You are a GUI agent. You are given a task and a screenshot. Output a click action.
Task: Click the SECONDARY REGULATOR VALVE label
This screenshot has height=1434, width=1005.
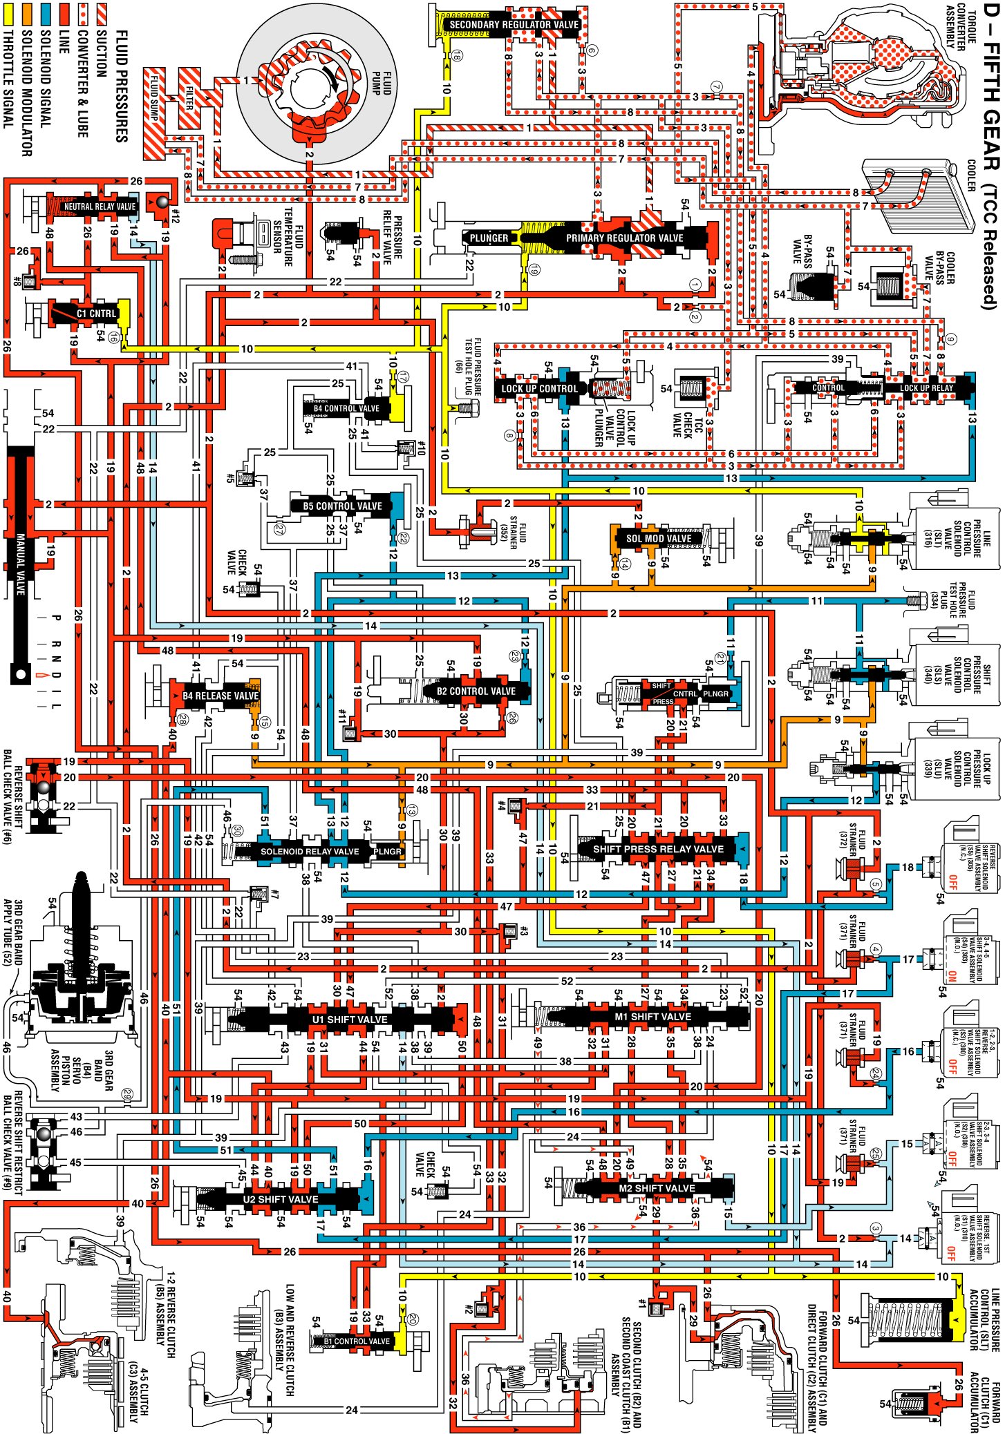pos(514,25)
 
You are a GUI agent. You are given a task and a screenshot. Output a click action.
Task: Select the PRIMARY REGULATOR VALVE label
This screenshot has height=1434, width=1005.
pos(624,238)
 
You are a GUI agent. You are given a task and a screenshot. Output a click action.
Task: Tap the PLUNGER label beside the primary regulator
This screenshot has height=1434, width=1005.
pos(489,238)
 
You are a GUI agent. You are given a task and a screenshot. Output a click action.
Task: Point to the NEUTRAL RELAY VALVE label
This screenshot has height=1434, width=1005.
pos(100,207)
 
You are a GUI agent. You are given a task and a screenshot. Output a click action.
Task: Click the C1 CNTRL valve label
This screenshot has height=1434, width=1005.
pos(96,314)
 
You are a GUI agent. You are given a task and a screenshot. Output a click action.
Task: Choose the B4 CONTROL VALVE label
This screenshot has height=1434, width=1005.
pos(346,408)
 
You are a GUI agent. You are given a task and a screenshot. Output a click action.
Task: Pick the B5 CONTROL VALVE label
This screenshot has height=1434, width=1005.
pos(342,506)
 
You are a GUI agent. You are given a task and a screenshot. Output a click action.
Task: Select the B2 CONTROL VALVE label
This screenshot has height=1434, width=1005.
pos(476,691)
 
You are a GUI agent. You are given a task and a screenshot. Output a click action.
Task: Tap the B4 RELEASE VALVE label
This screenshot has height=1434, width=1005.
pos(220,696)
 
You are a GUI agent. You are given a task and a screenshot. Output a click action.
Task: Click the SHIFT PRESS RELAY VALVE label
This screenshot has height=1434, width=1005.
pos(658,849)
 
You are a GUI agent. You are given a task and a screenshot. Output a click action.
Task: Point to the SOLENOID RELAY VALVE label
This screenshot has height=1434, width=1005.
pos(309,852)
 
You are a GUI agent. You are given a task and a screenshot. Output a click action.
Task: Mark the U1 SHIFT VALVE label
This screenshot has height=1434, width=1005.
pos(350,1020)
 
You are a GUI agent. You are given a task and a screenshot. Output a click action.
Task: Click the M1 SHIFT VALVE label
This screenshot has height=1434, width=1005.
pos(652,1017)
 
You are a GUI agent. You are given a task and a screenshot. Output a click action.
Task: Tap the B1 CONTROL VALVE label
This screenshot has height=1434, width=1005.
pos(357,1341)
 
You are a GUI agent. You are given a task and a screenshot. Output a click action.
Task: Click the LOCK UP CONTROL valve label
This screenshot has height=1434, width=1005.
pos(539,389)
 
